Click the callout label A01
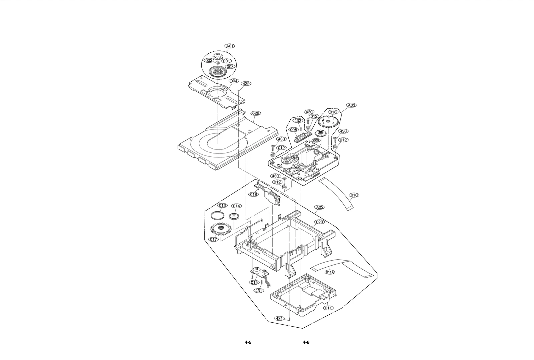point(230,46)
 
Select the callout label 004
point(234,81)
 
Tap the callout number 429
point(246,84)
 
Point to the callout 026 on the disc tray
point(255,113)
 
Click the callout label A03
point(351,105)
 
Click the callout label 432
point(298,120)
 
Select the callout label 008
point(293,129)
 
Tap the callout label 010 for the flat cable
point(354,195)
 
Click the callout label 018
point(254,194)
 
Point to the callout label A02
point(319,207)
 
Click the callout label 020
point(319,222)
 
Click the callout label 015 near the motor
point(254,283)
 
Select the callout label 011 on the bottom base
point(328,308)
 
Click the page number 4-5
point(248,342)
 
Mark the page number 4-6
point(306,342)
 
